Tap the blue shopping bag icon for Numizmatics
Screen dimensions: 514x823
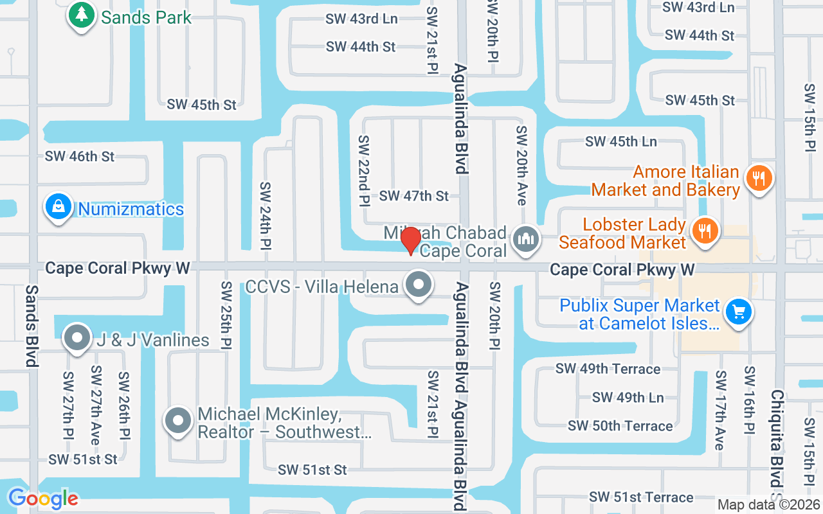(x=59, y=207)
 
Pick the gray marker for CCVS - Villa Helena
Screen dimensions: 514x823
(x=419, y=285)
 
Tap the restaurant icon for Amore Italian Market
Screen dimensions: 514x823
(x=759, y=178)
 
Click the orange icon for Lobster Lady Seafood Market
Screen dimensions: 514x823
(x=705, y=231)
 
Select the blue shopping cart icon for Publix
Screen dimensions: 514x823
(x=738, y=313)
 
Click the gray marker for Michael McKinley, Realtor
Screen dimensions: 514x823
(x=179, y=421)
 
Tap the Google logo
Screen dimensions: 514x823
(x=43, y=499)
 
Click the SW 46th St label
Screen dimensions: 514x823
(x=80, y=156)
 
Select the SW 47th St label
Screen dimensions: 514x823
(x=414, y=195)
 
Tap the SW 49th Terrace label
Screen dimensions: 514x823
(x=608, y=369)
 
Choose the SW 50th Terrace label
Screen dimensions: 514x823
(x=620, y=426)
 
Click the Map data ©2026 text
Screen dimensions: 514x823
(x=768, y=505)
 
